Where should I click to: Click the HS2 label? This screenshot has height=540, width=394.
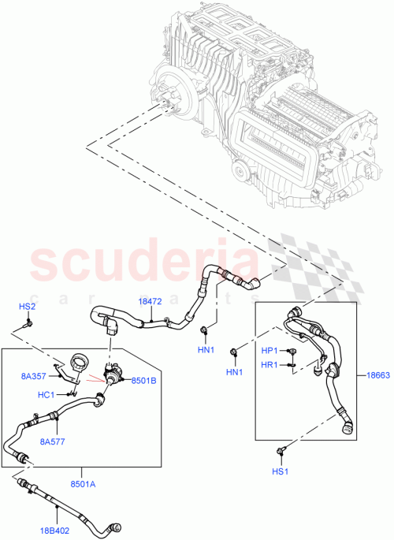click(28, 306)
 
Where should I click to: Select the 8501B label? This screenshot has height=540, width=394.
click(145, 381)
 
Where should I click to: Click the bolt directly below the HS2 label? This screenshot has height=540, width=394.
click(28, 322)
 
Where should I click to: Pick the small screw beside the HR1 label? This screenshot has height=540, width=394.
click(291, 363)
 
